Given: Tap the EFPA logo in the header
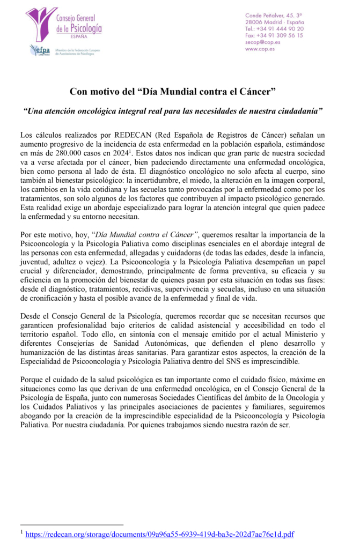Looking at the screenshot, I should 40,50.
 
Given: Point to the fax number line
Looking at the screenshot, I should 274,35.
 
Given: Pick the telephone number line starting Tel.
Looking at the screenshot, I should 274,28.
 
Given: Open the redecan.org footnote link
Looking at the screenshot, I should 159,535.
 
